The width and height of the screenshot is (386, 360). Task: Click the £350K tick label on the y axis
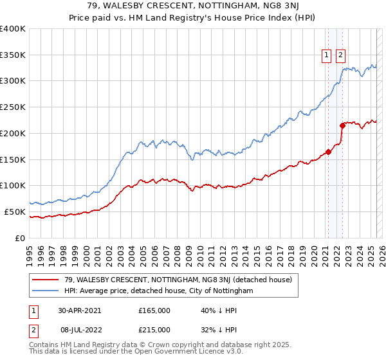13,55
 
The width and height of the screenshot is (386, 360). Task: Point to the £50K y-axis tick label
15,212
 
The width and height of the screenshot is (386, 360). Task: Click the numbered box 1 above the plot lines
327,56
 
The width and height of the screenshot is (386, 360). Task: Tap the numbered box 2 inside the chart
340,56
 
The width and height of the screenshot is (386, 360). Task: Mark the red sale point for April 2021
328,152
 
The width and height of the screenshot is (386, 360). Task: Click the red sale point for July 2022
342,126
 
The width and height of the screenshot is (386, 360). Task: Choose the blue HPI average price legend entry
159,291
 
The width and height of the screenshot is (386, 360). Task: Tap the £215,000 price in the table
154,329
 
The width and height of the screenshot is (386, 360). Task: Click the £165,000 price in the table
154,310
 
